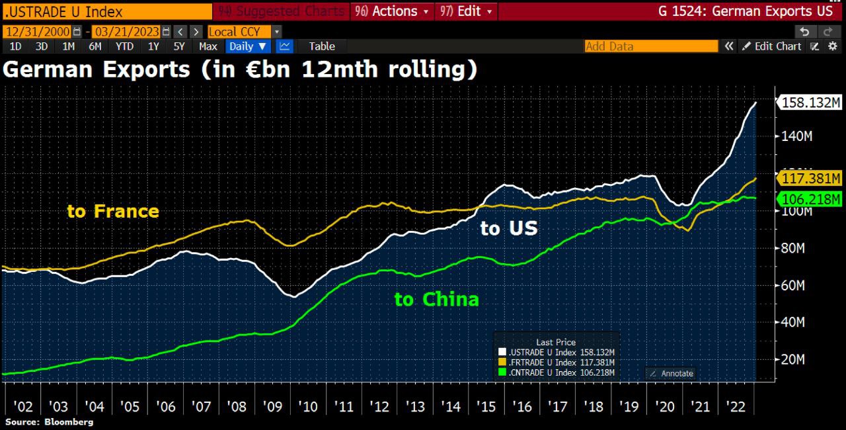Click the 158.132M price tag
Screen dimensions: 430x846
811,103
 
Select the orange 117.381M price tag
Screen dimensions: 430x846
811,179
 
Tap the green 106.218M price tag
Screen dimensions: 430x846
811,199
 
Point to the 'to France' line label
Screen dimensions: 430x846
113,211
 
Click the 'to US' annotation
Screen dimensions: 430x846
509,229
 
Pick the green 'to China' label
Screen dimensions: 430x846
436,299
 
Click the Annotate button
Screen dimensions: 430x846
671,373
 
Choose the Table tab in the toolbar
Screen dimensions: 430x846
322,46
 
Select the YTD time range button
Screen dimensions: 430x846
124,46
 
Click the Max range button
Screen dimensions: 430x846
208,46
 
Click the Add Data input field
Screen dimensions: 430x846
651,46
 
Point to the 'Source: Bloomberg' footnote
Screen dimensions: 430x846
50,421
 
